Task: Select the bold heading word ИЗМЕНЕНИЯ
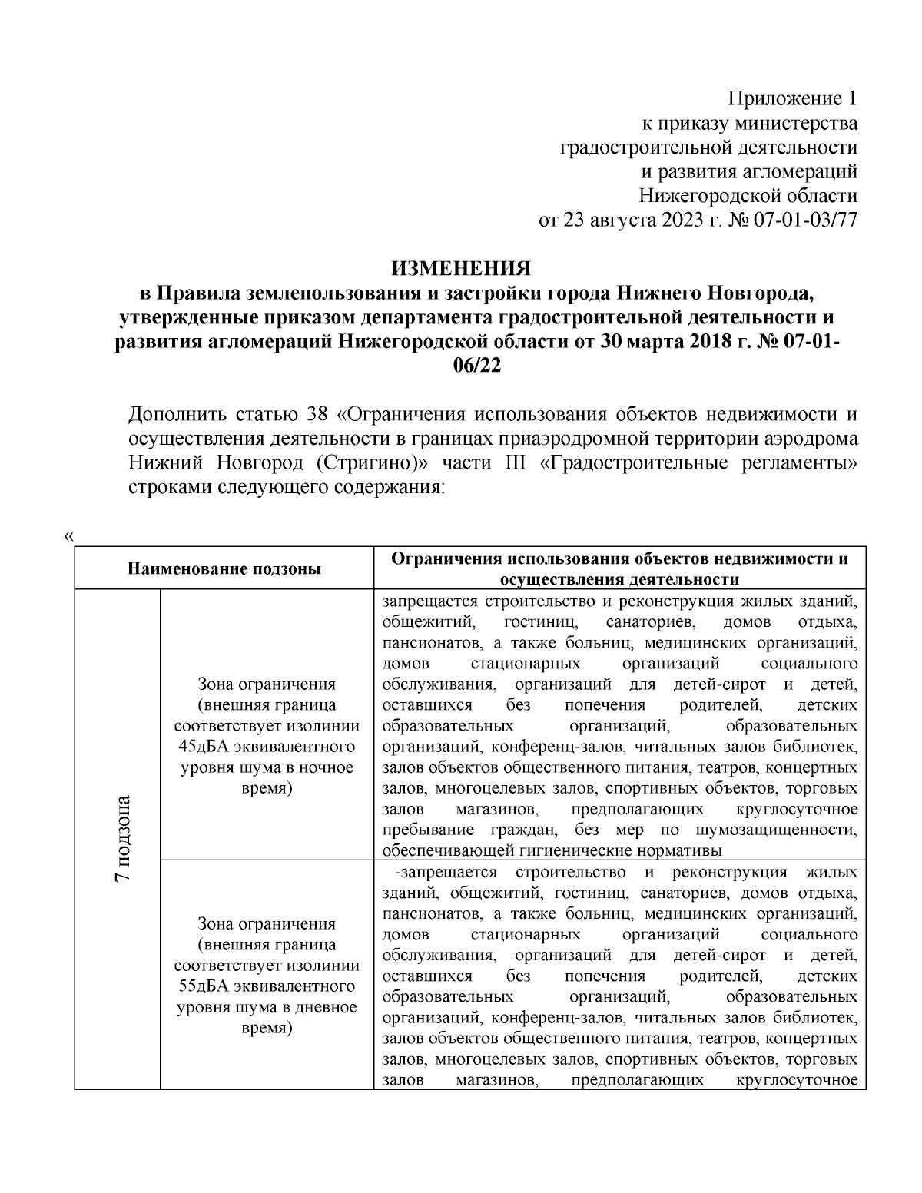(x=461, y=269)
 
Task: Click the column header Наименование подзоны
(x=224, y=569)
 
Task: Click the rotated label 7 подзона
(x=120, y=837)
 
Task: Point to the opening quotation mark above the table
(x=70, y=535)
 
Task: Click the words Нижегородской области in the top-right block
(x=748, y=196)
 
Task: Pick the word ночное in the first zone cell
(x=328, y=767)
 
